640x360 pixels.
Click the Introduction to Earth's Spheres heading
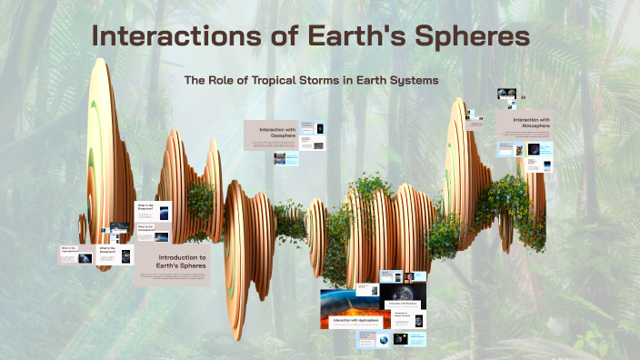[x=173, y=264]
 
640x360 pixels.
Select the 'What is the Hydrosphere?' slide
[x=69, y=254]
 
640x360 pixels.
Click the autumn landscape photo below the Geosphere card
[x=280, y=159]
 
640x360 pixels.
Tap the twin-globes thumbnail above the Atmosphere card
[x=507, y=94]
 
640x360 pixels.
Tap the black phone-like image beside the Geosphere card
[x=319, y=129]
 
